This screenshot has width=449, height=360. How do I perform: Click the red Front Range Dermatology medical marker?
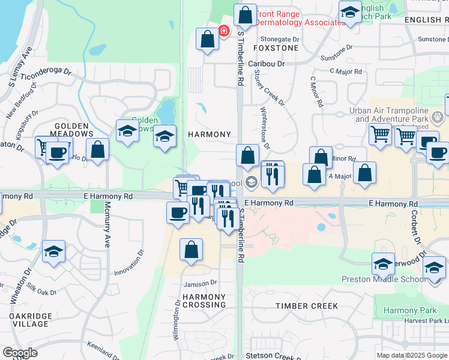(x=224, y=31)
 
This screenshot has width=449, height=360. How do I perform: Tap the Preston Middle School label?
(x=402, y=279)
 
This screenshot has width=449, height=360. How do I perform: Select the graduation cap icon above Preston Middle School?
(x=383, y=263)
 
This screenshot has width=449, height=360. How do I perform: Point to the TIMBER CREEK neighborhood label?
(x=307, y=306)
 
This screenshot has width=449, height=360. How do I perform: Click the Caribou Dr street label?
(x=267, y=64)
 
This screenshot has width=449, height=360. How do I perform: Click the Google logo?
(x=20, y=353)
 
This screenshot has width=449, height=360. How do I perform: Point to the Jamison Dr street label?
(x=200, y=283)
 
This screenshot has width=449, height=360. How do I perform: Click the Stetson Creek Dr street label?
(x=273, y=356)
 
